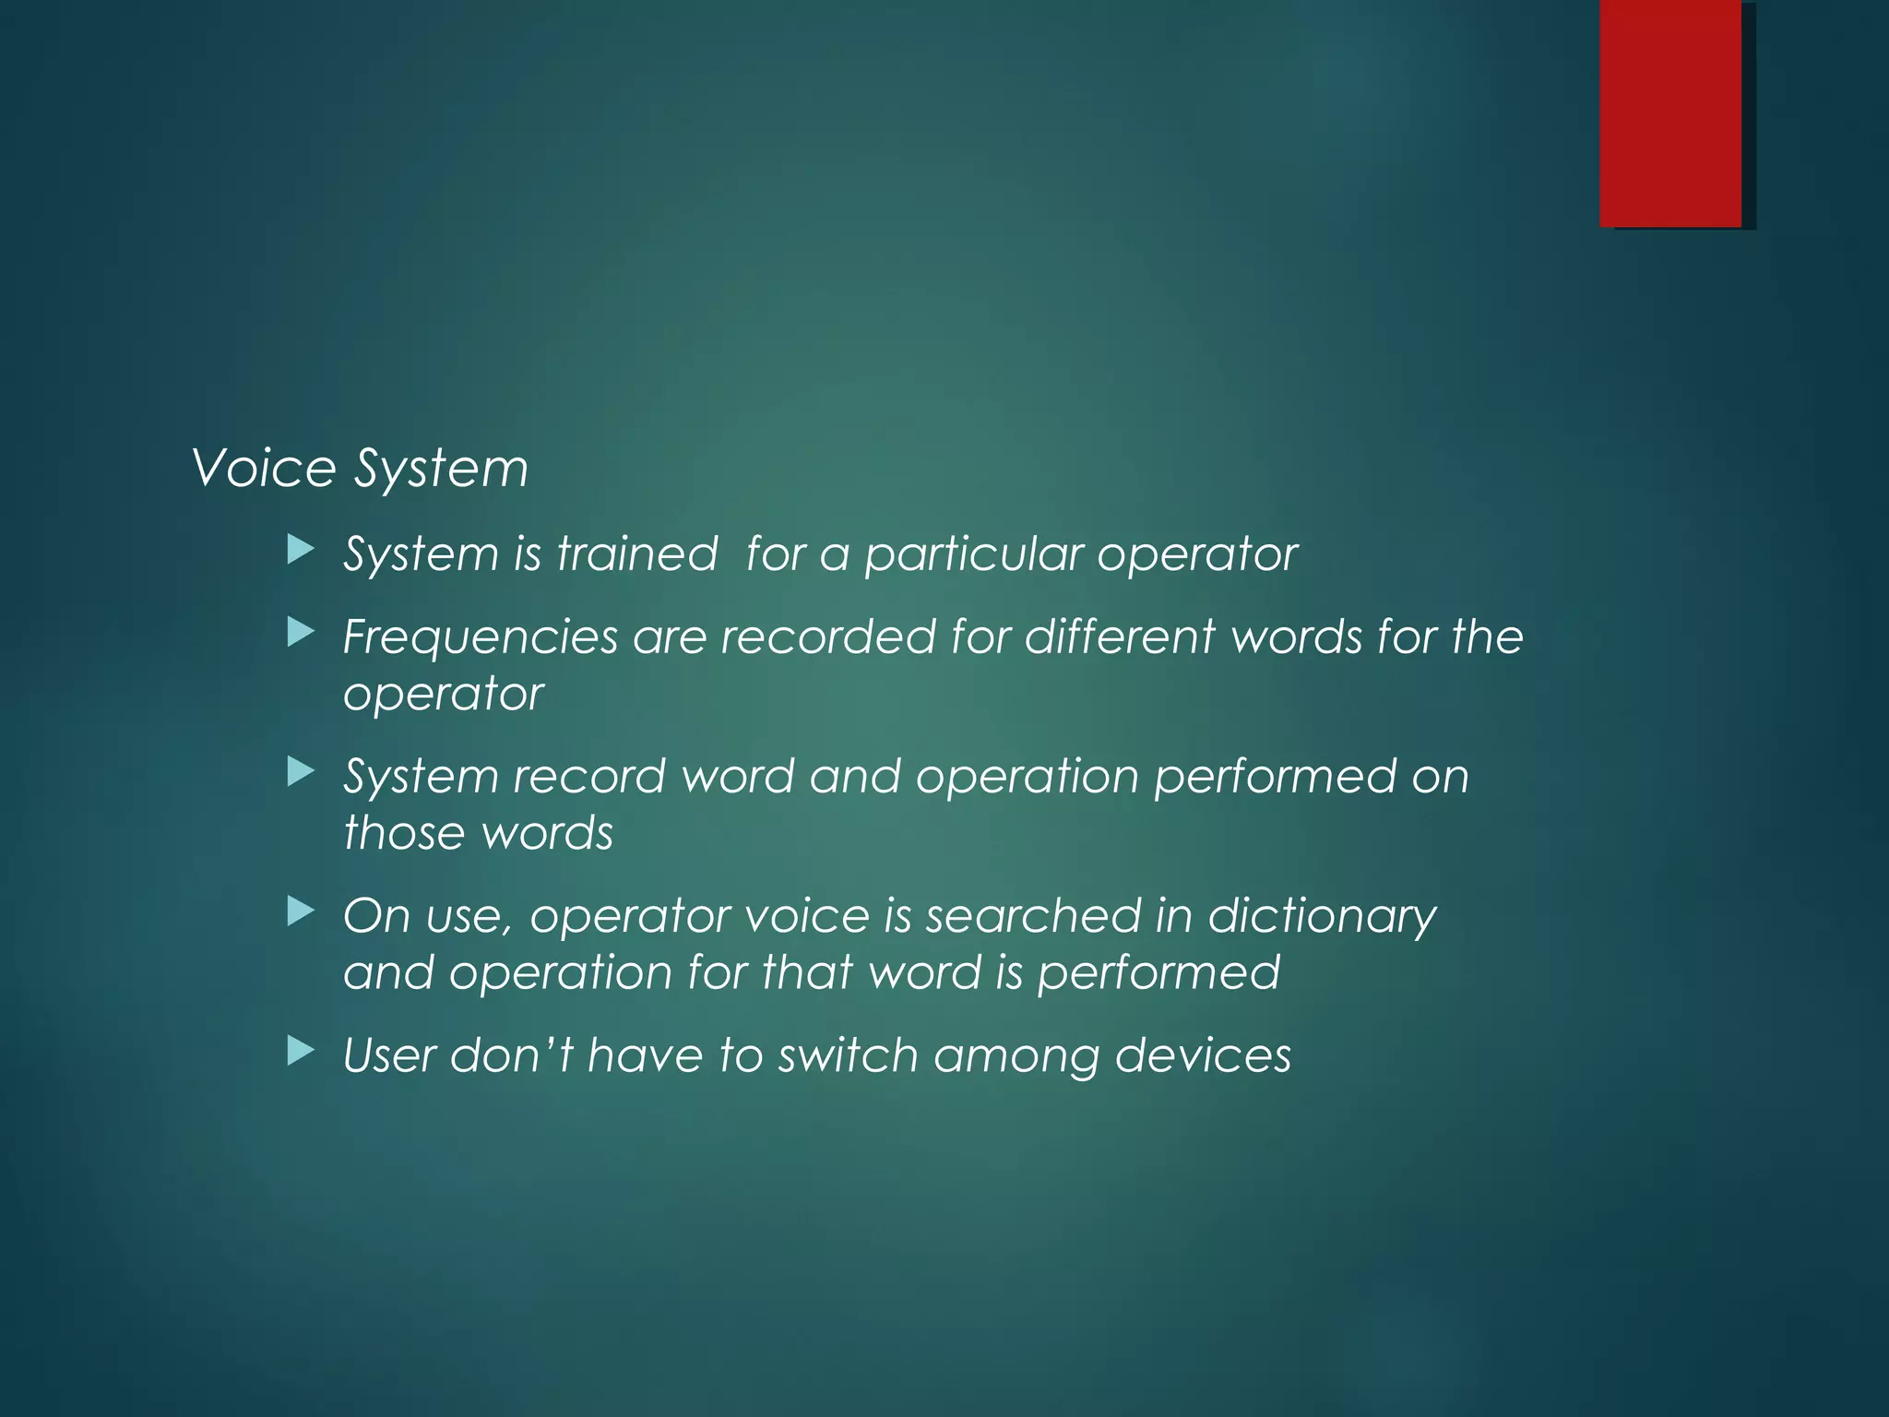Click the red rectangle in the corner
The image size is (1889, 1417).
tap(1670, 113)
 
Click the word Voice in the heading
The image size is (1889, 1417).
tap(264, 468)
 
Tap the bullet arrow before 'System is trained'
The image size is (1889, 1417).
tap(301, 551)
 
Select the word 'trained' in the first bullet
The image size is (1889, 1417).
tap(636, 554)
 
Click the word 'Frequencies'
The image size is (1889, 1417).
tap(480, 638)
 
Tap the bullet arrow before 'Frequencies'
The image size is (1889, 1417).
tap(301, 633)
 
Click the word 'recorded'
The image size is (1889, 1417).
tap(828, 637)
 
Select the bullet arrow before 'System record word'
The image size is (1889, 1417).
tap(301, 772)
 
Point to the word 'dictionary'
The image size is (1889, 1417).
tap(1322, 917)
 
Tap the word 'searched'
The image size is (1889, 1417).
tap(1033, 915)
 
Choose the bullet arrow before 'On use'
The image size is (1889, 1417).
tap(301, 911)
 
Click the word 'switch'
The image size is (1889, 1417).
tap(848, 1054)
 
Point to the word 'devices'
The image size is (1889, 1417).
tap(1203, 1054)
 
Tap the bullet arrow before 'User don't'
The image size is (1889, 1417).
tap(301, 1051)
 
